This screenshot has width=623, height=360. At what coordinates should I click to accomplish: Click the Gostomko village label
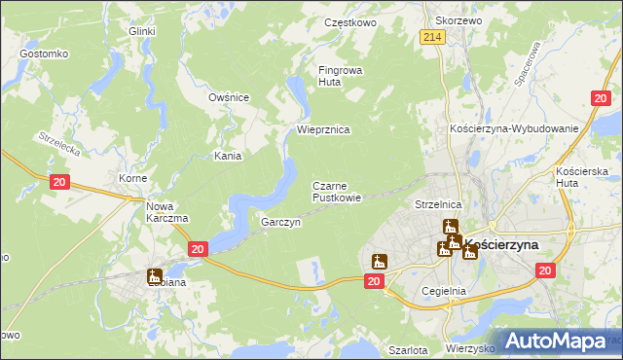pos(43,53)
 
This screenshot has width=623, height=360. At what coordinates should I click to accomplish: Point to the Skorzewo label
pos(459,20)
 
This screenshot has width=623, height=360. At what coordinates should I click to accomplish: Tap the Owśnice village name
pos(230,97)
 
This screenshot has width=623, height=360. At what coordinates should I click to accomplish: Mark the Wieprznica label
pos(322,129)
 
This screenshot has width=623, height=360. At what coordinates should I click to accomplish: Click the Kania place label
pos(228,156)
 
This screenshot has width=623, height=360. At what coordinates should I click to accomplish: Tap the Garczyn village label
pos(280,222)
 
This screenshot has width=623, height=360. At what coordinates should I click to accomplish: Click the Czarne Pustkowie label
pos(337,191)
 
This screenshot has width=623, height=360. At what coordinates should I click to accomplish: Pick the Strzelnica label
pos(437,205)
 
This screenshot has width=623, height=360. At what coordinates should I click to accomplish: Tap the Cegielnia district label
pos(445,291)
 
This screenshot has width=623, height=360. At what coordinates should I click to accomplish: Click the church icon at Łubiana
pos(154,277)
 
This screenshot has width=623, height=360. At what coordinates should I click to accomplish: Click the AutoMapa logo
pos(554,342)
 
